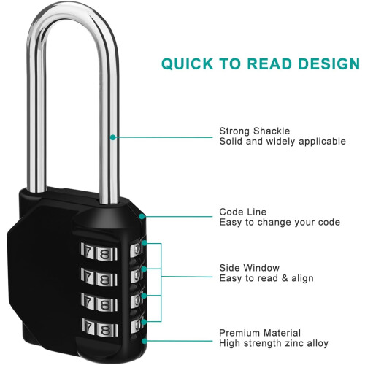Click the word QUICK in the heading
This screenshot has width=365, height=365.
[x=187, y=64]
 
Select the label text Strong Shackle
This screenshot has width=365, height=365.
[x=255, y=131]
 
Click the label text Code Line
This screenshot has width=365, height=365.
[x=243, y=212]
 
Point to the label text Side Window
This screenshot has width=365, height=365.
[x=250, y=268]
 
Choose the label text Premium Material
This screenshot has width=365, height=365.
[x=260, y=333]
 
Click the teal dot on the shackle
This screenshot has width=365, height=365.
[x=112, y=137]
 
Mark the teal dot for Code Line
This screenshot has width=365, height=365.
[x=142, y=216]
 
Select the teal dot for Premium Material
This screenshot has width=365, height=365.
[x=145, y=341]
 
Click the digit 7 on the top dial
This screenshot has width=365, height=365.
[x=88, y=251]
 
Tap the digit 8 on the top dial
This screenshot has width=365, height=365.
[x=104, y=254]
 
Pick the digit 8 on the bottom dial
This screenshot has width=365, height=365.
[x=105, y=330]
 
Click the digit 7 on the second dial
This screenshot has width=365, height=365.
[x=88, y=276]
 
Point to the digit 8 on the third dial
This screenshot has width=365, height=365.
[x=105, y=304]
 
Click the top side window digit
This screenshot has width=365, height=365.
[x=137, y=250]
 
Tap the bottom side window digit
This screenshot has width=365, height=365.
[x=137, y=326]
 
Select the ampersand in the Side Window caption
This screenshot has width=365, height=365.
[x=285, y=278]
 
